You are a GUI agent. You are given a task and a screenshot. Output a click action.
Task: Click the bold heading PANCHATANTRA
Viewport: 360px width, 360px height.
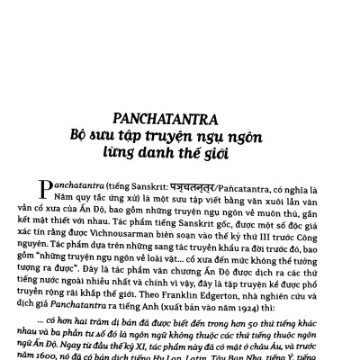pyautogui.click(x=180, y=118)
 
